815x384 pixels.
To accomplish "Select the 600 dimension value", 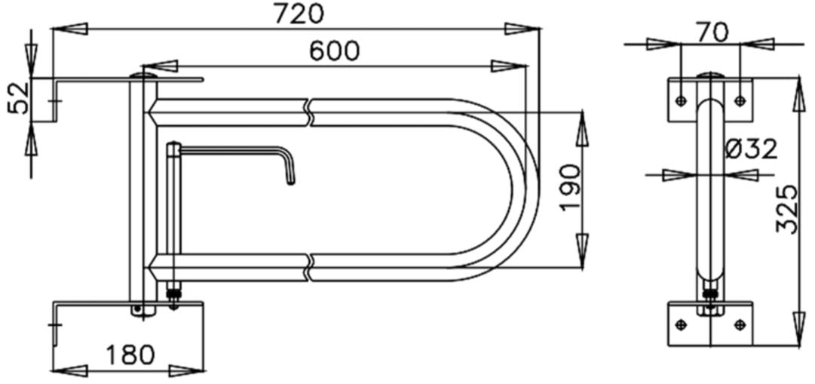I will [334, 51].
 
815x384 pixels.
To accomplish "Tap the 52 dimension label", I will [18, 97].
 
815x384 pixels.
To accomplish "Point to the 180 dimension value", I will [130, 354].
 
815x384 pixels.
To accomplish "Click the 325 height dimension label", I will [787, 210].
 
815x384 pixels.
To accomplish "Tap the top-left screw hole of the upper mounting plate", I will [682, 100].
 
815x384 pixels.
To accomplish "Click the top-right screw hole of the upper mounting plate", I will [739, 100].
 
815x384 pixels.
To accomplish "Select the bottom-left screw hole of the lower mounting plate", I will [682, 324].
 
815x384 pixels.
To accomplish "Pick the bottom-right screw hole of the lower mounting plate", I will [739, 324].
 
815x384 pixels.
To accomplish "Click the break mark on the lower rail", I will [311, 267].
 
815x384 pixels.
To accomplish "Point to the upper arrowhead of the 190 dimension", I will [583, 128].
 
